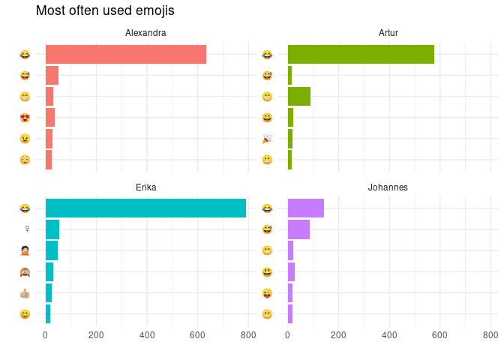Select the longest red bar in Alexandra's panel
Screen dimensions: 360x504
pos(126,55)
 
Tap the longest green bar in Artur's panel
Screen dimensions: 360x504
pos(361,55)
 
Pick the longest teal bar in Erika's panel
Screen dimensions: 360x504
pos(145,208)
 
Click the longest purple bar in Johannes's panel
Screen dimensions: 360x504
pos(306,208)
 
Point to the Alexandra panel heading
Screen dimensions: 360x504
pos(145,33)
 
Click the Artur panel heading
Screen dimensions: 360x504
pos(388,33)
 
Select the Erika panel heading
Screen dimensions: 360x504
pos(145,187)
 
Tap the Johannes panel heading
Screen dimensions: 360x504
pos(388,187)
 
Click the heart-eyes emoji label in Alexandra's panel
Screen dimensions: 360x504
pos(25,118)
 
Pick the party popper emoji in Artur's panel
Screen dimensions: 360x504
pos(267,139)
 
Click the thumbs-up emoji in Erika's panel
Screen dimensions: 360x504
pos(25,292)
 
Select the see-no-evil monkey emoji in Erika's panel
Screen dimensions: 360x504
pos(25,271)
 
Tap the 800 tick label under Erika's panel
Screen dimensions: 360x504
pos(248,335)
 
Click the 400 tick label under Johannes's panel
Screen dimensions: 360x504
pos(389,335)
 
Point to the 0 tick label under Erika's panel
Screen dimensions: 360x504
pos(46,335)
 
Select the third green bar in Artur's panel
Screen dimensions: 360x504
pos(299,97)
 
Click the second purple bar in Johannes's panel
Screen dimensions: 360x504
pos(298,229)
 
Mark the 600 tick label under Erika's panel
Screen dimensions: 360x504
pos(198,335)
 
